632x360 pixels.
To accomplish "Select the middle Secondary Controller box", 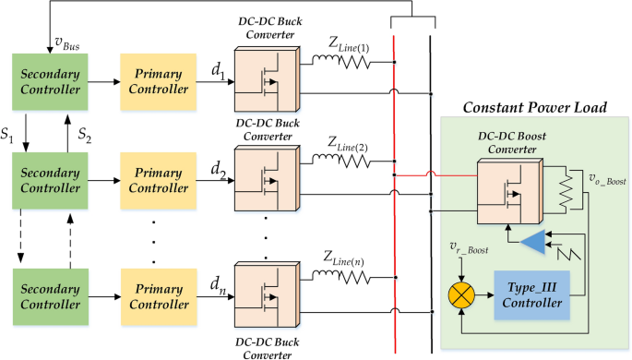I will pyautogui.click(x=47, y=181).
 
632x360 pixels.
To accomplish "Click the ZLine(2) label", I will pyautogui.click(x=345, y=140).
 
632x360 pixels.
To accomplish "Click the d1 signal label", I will pyautogui.click(x=218, y=71).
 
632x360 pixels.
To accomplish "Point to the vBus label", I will pyautogui.click(x=66, y=42).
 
